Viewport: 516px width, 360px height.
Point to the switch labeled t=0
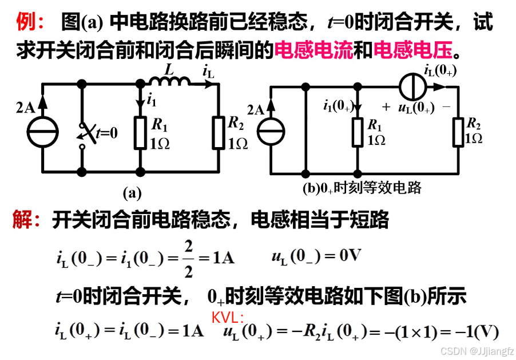point(86,133)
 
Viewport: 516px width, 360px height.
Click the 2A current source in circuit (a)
point(42,130)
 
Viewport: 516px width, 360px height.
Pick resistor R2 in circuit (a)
point(219,133)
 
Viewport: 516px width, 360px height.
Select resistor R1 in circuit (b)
point(358,132)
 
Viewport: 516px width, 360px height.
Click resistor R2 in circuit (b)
point(458,132)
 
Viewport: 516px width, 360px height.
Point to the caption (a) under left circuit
point(132,193)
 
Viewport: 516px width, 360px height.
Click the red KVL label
point(228,317)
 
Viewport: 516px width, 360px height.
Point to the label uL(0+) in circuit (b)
point(416,107)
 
